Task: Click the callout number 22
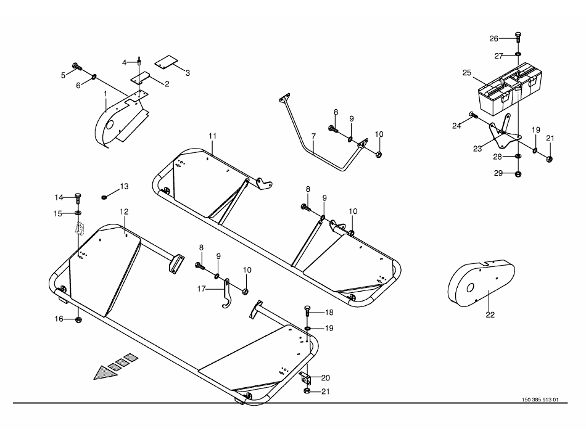(x=490, y=315)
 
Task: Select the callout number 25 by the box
(x=467, y=73)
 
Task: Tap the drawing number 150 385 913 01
(x=540, y=400)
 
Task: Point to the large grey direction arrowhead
(x=105, y=372)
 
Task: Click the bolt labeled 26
(x=518, y=39)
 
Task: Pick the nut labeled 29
(x=518, y=174)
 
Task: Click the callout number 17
(x=202, y=289)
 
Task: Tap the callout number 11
(x=213, y=136)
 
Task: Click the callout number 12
(x=124, y=211)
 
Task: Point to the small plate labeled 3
(x=166, y=62)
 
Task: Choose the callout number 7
(x=313, y=136)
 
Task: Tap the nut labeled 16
(x=78, y=319)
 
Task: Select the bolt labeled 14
(x=78, y=197)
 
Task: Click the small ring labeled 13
(x=104, y=197)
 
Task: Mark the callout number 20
(x=326, y=378)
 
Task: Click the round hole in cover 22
(x=471, y=287)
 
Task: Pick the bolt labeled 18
(x=307, y=311)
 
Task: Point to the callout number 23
(x=477, y=149)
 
